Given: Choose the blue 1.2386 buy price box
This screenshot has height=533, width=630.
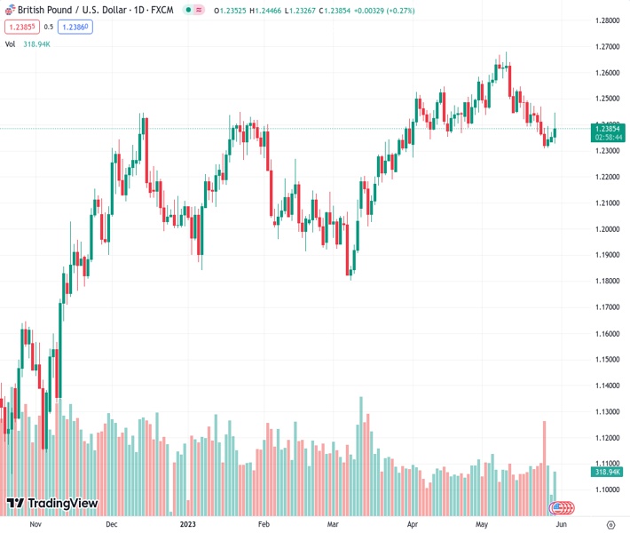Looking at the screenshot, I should tap(75, 27).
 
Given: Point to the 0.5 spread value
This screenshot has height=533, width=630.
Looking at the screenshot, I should tap(49, 27).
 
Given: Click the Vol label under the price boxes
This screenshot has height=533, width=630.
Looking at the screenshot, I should tap(10, 44).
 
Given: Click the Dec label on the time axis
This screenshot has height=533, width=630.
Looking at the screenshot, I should tap(112, 524).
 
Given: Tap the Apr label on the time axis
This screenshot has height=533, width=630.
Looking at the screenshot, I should tap(412, 524).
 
